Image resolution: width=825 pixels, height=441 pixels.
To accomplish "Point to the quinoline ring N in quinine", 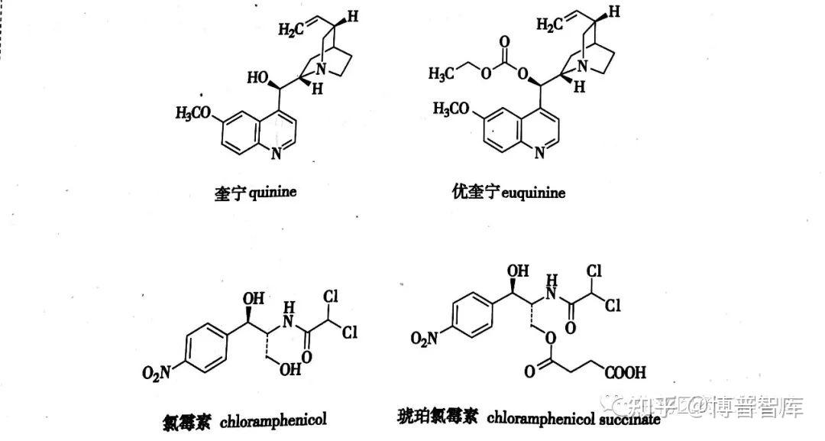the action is click(x=277, y=154).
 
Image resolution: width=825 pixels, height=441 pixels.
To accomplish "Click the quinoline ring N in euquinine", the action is click(x=539, y=153).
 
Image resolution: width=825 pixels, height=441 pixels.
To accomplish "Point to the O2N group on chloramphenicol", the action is click(x=157, y=373).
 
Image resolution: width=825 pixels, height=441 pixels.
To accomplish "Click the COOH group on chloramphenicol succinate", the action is click(x=626, y=374).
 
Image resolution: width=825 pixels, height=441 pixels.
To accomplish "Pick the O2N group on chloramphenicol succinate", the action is click(x=425, y=338).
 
